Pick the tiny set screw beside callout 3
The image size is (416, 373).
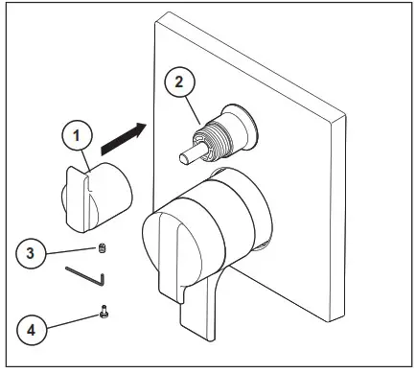tap(104, 251)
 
